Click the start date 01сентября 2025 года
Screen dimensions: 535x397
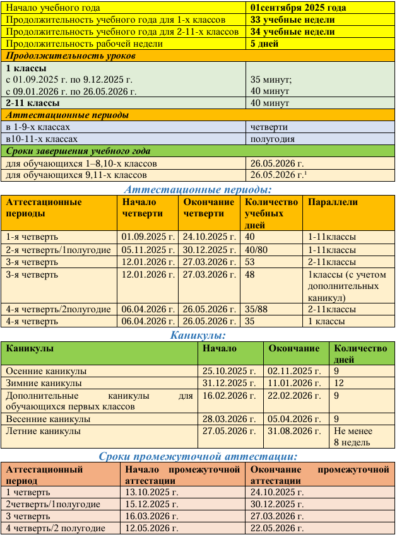click(x=298, y=8)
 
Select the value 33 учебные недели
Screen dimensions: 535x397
click(x=292, y=20)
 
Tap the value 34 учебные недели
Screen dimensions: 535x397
click(x=292, y=32)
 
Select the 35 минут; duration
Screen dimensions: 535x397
click(x=271, y=79)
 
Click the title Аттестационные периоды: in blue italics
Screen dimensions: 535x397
click(x=198, y=189)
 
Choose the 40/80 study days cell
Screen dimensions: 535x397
click(x=256, y=249)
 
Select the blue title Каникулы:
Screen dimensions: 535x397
click(x=198, y=335)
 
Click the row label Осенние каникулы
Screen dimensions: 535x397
click(x=46, y=371)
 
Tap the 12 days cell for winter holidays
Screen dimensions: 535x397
click(x=340, y=383)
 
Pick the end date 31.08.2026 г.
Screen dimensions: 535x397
click(x=290, y=431)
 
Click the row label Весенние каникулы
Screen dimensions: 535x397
click(x=48, y=418)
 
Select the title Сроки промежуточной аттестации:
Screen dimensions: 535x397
click(x=198, y=457)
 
